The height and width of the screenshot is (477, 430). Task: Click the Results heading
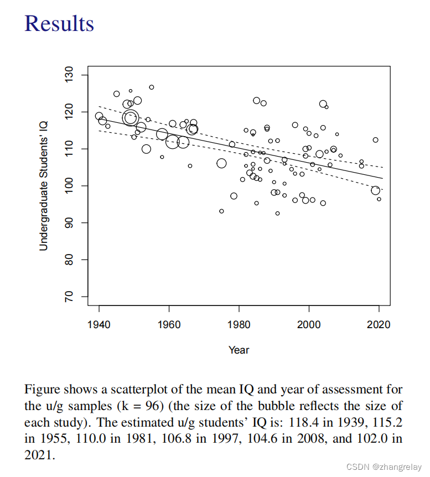[60, 23]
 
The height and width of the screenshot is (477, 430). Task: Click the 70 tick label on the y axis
[69, 297]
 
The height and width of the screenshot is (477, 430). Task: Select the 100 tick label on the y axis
[69, 186]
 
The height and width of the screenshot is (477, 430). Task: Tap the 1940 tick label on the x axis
[99, 324]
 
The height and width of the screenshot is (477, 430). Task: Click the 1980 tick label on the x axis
[239, 324]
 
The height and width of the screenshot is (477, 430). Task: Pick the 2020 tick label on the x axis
[379, 324]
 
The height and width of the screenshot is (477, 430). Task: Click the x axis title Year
[239, 350]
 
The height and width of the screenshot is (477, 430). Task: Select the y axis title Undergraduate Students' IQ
[44, 186]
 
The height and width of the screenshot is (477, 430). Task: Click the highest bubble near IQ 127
[152, 87]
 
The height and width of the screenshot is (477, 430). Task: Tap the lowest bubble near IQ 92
[277, 213]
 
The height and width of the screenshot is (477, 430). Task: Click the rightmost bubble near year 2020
[379, 199]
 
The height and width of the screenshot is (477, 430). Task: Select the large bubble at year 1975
[221, 163]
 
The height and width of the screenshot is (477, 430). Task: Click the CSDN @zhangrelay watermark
[385, 466]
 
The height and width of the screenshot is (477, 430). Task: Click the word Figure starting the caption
[40, 390]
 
